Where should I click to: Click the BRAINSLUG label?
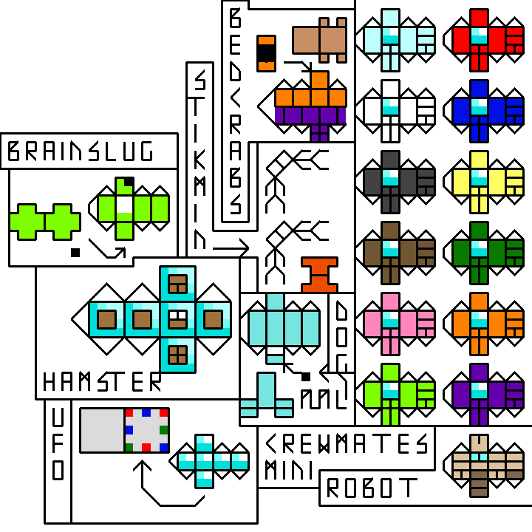click(x=81, y=151)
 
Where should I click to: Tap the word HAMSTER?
click(x=101, y=382)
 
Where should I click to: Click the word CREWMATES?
click(x=347, y=443)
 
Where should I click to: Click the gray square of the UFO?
click(x=102, y=429)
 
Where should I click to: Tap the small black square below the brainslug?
click(x=75, y=253)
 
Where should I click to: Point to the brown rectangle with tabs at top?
click(x=320, y=39)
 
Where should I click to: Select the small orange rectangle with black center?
click(x=266, y=52)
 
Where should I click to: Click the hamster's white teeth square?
click(x=177, y=319)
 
